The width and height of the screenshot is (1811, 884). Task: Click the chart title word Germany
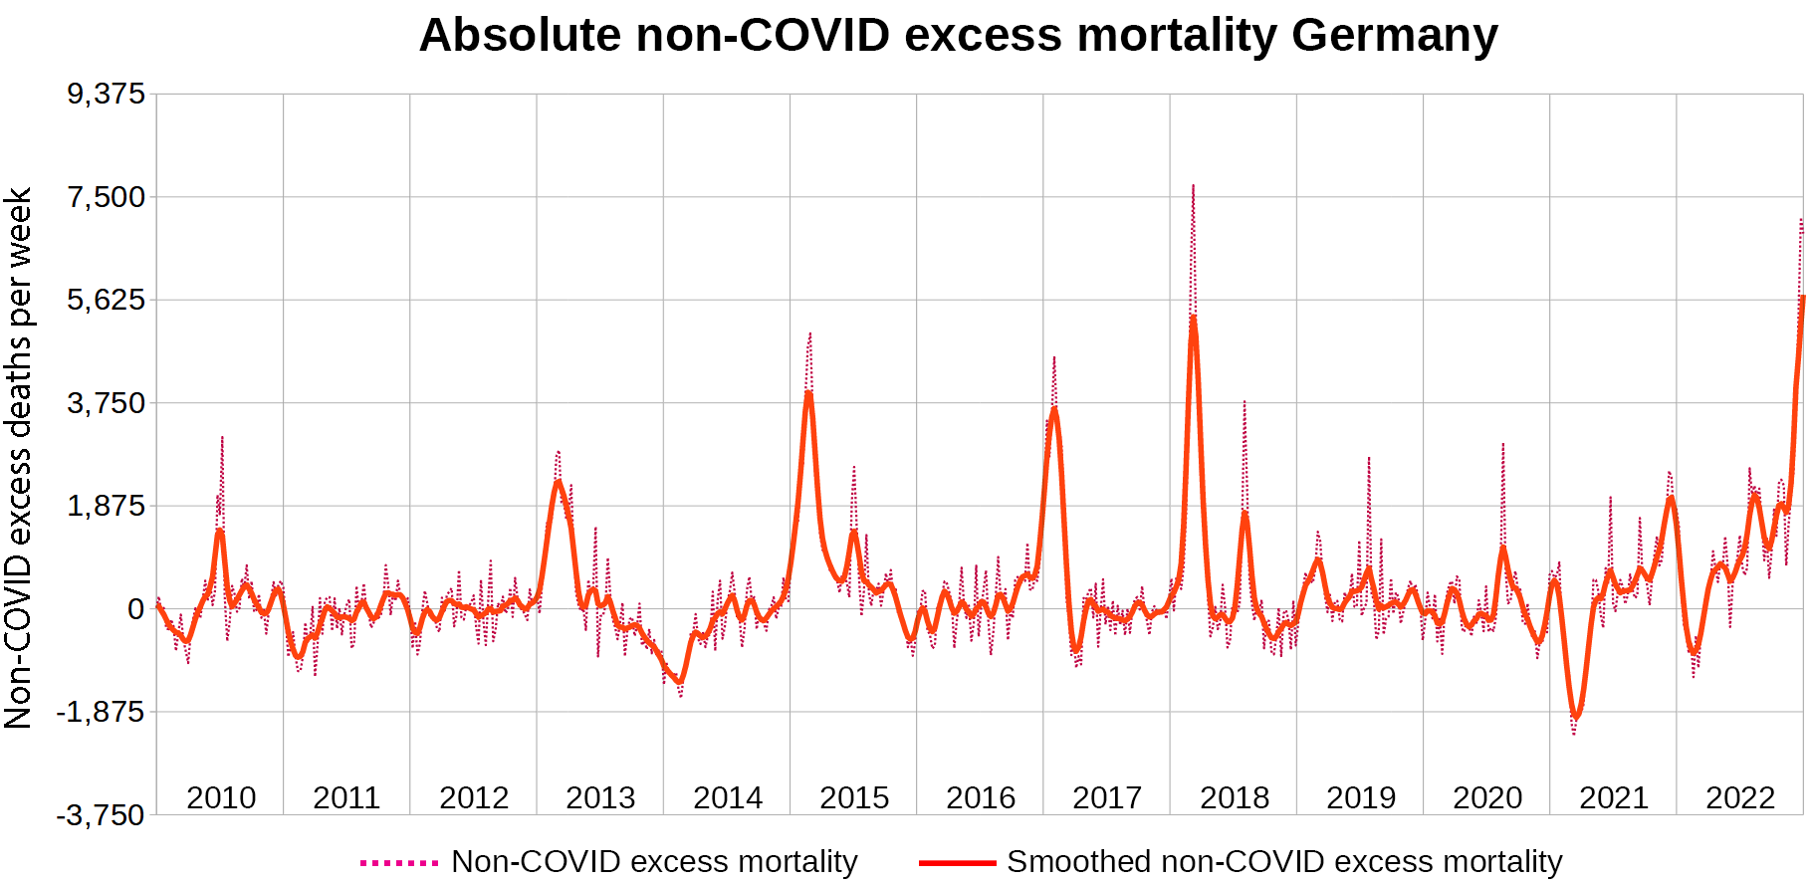tap(1394, 35)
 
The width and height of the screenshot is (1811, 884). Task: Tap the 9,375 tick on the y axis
tap(107, 94)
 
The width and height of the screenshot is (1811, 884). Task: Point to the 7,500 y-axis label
tap(107, 197)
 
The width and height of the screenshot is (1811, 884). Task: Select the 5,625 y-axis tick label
tap(107, 300)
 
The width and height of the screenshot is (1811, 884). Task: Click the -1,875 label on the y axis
tap(101, 712)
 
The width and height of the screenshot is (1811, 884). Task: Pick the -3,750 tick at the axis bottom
tap(101, 815)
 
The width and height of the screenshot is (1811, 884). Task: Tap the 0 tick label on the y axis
tap(136, 609)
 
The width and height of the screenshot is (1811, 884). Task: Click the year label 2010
tap(221, 797)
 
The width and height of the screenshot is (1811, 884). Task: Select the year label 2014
tap(728, 797)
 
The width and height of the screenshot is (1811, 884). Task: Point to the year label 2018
tap(1235, 797)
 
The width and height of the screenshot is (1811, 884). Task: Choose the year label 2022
tap(1740, 797)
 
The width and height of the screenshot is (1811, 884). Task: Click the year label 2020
tap(1487, 797)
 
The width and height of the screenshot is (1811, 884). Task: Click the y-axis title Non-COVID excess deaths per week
tap(19, 458)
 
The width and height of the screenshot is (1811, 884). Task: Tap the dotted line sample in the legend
tap(399, 862)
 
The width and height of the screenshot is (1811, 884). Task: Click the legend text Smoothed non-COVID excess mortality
tap(1284, 862)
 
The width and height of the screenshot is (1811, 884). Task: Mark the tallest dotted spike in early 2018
tap(1193, 186)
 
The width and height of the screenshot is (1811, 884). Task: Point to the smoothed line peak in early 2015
tap(809, 393)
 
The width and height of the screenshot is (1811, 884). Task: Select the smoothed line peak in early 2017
tap(1054, 408)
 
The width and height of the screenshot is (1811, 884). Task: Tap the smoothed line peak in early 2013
tap(559, 483)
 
